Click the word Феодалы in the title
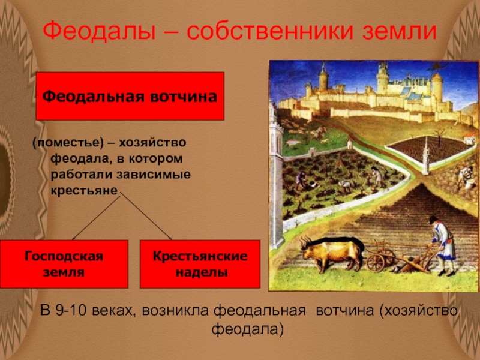pos(99,31)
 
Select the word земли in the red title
pos(399,31)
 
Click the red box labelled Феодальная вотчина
pos(130,96)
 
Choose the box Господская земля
pos(64,264)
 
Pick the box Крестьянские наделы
pos(200,264)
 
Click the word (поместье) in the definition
pos(68,143)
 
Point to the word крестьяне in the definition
pos(84,190)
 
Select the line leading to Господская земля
pos(96,218)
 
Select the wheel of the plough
pos(375,263)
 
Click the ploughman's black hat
pos(434,220)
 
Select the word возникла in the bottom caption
pos(175,311)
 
